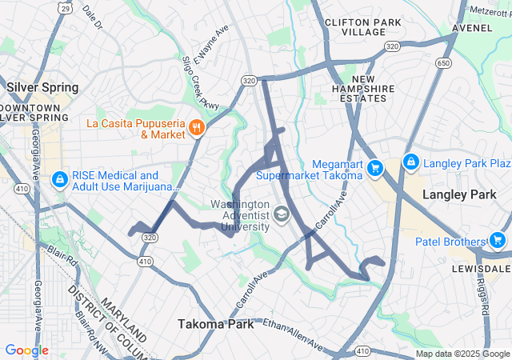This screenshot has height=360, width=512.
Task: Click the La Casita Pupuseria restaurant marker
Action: click(196, 127)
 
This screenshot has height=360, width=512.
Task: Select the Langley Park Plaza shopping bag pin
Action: click(411, 162)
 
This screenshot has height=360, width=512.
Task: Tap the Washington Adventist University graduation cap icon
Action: click(281, 214)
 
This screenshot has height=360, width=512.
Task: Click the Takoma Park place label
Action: click(215, 324)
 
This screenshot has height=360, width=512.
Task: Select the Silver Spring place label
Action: click(42, 86)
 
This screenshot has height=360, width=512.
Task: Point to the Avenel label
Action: click(472, 27)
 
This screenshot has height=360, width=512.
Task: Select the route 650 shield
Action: click(443, 63)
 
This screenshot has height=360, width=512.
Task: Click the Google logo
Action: click(27, 350)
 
